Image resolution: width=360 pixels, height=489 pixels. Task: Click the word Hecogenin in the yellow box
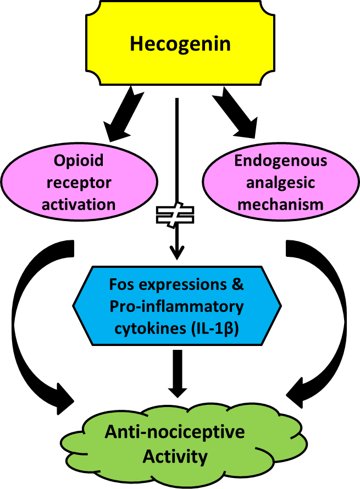180,44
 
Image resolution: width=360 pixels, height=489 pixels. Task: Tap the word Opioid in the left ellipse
79,161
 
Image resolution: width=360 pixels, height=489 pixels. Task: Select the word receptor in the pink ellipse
79,183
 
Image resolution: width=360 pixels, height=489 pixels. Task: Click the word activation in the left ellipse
79,205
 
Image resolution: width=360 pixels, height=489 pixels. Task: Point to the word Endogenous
280,161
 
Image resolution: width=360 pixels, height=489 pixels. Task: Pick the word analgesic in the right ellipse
280,183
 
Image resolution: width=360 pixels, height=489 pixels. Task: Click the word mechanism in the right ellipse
280,205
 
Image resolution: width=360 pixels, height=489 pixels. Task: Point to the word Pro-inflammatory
176,306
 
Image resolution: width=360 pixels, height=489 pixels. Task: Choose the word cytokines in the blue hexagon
148,328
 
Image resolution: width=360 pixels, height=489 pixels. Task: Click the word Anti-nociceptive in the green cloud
175,432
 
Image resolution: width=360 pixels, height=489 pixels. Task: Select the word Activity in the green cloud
175,457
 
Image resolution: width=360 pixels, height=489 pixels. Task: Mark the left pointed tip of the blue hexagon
76,306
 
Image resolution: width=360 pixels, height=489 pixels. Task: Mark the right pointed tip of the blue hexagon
279,306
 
